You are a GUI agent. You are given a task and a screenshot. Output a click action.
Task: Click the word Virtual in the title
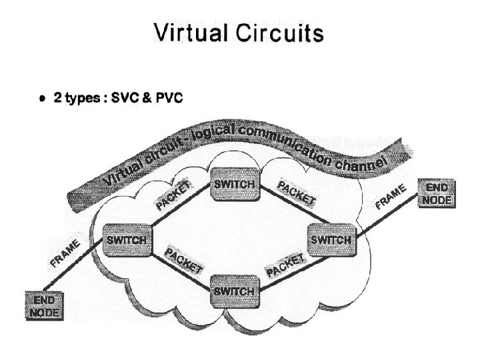click(195, 31)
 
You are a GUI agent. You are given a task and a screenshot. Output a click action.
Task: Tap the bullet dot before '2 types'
click(41, 99)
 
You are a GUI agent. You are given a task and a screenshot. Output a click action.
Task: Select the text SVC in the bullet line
click(126, 98)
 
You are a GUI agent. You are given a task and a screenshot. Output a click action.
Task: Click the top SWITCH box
click(233, 184)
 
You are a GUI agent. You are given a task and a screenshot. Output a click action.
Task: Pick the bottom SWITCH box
click(232, 291)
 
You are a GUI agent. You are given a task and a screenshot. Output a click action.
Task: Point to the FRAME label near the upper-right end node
click(391, 198)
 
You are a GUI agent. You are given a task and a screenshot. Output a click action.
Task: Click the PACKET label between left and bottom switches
click(183, 261)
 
